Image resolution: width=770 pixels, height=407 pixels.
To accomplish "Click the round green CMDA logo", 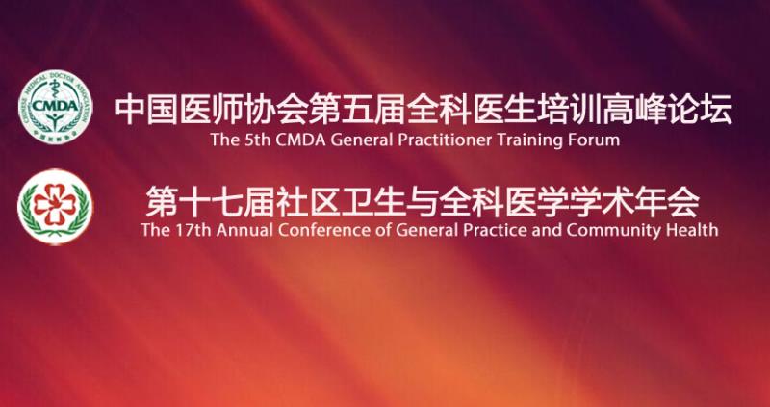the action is coord(55,107).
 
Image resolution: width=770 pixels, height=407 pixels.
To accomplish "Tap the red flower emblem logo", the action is coord(55,206).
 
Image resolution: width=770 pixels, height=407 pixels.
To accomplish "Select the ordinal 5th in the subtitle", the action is coord(256,140).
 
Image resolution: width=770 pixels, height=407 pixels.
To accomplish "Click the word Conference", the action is coord(321,230).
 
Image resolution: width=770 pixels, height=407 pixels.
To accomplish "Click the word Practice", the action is coord(497,230).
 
